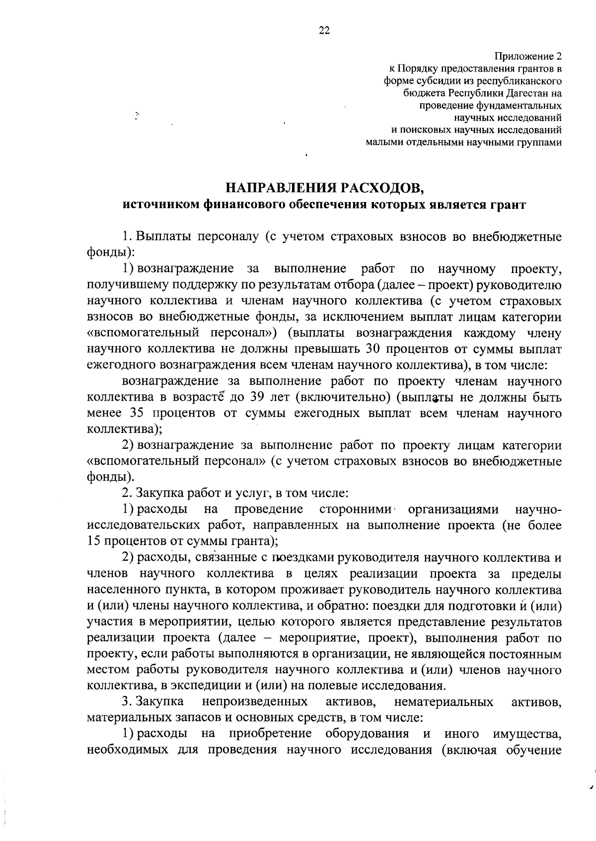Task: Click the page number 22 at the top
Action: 323,30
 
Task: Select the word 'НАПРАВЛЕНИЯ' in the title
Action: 281,188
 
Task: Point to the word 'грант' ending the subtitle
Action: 509,205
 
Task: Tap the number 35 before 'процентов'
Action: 138,413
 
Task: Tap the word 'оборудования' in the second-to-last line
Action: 367,733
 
